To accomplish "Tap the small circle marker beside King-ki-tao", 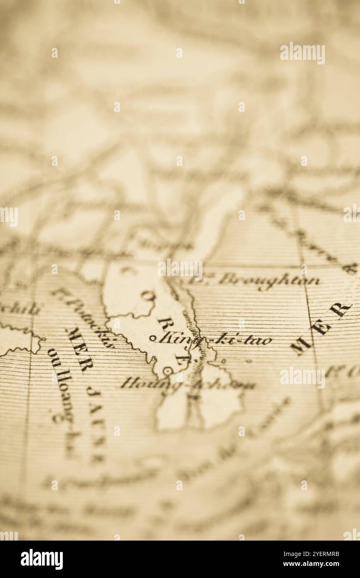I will [x=152, y=338].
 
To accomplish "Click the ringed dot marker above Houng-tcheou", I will [x=168, y=370].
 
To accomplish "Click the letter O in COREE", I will [x=148, y=296].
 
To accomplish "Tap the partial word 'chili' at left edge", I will [x=21, y=309].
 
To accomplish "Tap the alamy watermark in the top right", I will [x=302, y=53].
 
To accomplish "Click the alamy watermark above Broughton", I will [x=180, y=269].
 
